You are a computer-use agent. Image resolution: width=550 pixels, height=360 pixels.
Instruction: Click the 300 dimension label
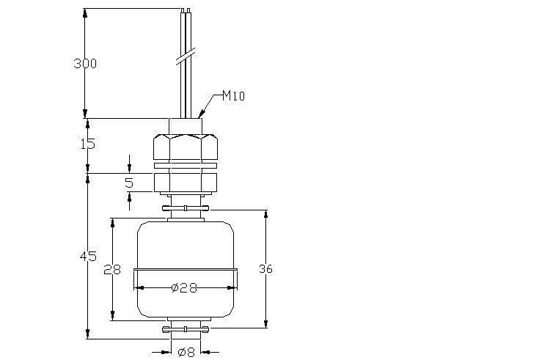click(x=85, y=64)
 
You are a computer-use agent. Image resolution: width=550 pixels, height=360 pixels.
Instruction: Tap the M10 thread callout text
click(x=234, y=95)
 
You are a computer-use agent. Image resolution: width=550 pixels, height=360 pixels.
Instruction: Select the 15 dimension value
click(x=88, y=144)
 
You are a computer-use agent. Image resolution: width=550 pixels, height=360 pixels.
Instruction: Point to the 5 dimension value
click(x=129, y=183)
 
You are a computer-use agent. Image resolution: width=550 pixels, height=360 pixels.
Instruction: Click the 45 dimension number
click(x=88, y=257)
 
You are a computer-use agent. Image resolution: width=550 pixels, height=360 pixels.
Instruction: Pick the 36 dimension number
click(x=265, y=269)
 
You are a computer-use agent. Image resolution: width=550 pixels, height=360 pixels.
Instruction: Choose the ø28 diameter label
click(x=184, y=288)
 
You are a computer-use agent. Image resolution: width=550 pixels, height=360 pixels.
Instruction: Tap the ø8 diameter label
click(x=186, y=352)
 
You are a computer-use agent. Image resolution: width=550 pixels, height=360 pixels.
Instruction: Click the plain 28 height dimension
click(x=112, y=269)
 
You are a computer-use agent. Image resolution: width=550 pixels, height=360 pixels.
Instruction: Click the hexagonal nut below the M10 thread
click(x=186, y=147)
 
